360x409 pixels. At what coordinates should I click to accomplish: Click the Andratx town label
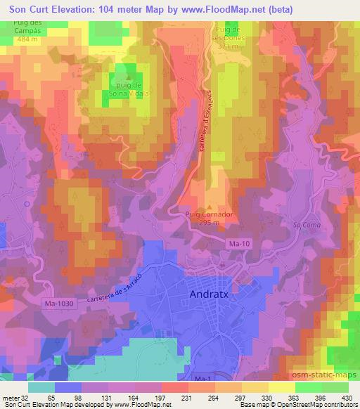[x=214, y=296]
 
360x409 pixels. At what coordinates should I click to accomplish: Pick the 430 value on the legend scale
[x=347, y=397]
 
